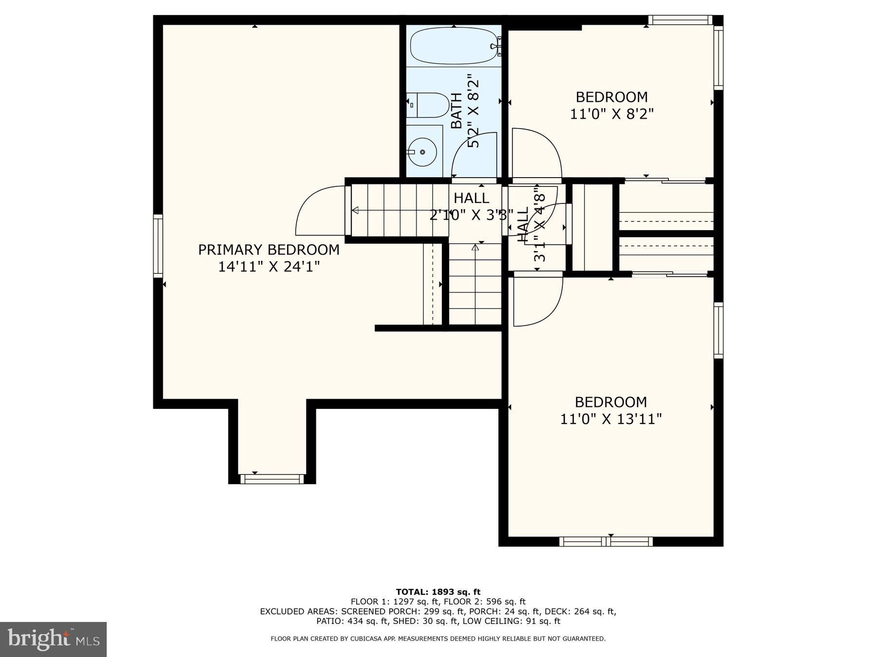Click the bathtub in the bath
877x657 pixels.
(453, 46)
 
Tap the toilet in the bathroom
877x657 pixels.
(429, 105)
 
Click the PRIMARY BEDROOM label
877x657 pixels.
(268, 250)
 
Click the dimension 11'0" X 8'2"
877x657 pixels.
(611, 114)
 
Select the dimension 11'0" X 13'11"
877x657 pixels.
(610, 419)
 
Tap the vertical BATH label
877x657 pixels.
(456, 111)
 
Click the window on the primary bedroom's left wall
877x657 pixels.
(158, 246)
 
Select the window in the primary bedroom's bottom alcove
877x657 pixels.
(272, 479)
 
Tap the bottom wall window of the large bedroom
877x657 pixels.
(606, 541)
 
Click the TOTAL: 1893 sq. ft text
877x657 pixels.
(438, 592)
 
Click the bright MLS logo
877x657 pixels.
(53, 639)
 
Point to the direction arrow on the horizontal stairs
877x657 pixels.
(355, 210)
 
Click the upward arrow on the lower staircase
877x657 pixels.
(475, 247)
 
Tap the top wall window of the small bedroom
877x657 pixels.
(680, 20)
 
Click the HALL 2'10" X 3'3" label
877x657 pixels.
(471, 206)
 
